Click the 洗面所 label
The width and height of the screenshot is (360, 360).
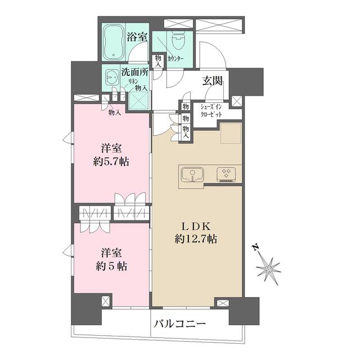[x=134, y=73]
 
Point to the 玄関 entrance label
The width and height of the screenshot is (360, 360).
[x=212, y=80]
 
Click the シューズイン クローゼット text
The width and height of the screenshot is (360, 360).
[x=211, y=110]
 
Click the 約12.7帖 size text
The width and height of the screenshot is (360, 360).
[x=195, y=239]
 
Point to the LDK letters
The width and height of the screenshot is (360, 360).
[x=195, y=226]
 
